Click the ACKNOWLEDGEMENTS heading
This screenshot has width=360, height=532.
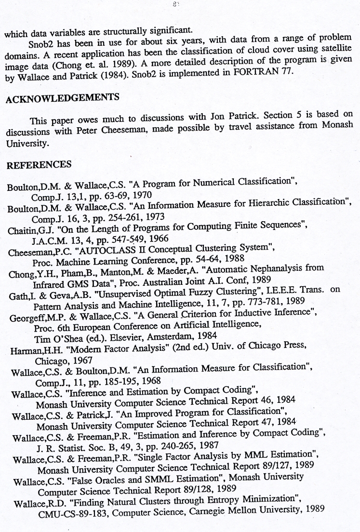[63, 98]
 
